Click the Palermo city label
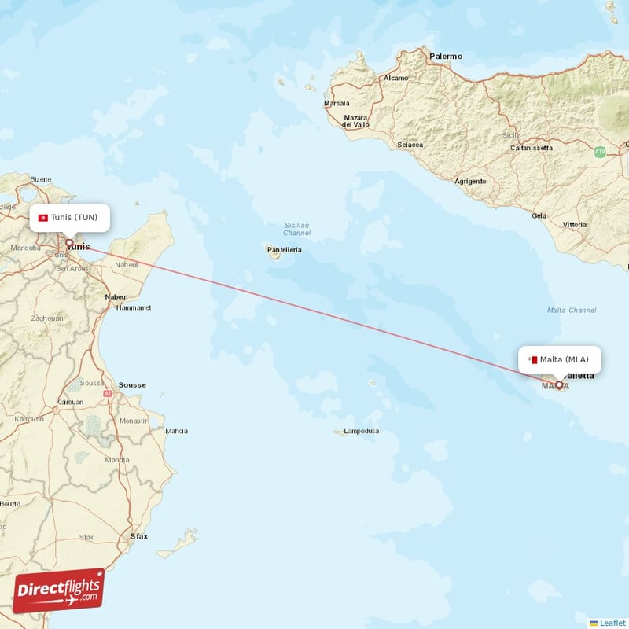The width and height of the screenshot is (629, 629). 445,57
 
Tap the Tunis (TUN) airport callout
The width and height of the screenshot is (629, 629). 69,217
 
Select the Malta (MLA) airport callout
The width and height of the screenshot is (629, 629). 559,360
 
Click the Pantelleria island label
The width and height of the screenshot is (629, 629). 285,249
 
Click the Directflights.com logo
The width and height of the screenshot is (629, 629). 59,590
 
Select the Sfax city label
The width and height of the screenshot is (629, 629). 138,536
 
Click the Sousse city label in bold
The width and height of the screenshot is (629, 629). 132,385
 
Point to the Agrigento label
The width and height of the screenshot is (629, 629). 470,181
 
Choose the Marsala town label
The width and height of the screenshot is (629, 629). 337,103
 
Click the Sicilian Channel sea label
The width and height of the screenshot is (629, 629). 297,229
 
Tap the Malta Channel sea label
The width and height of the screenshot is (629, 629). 572,311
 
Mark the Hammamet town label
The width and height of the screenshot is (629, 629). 133,308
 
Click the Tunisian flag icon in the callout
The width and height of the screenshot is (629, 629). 43,217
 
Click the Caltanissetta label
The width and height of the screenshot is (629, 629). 532,148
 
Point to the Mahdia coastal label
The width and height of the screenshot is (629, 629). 176,430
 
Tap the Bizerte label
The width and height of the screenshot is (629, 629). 40,179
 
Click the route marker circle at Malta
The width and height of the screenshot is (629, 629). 559,385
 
